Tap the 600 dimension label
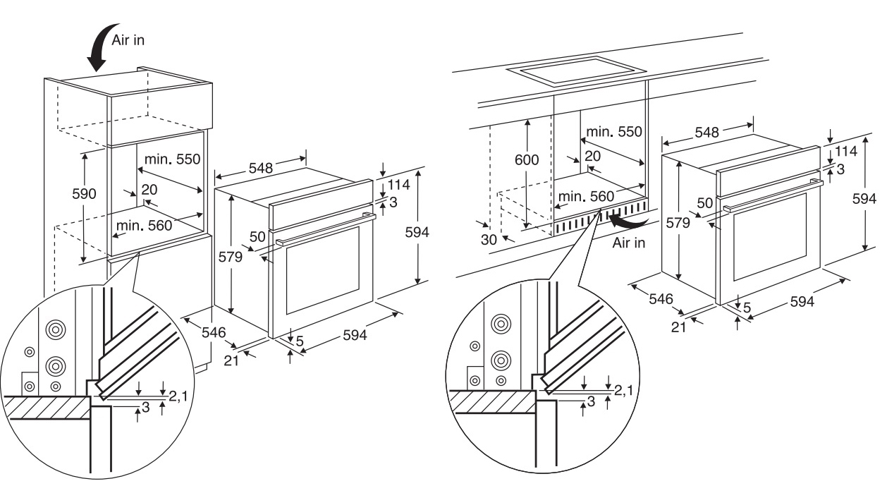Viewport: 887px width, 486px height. pyautogui.click(x=526, y=159)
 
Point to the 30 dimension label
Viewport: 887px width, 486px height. pyautogui.click(x=489, y=239)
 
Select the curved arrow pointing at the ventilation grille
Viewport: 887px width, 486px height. pyautogui.click(x=630, y=221)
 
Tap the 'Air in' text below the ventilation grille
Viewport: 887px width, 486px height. pyautogui.click(x=629, y=243)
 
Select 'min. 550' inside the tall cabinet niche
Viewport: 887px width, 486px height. pyautogui.click(x=173, y=159)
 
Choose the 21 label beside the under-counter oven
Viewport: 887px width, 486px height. pyautogui.click(x=678, y=326)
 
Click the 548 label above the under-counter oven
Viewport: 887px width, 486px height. pyautogui.click(x=706, y=132)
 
